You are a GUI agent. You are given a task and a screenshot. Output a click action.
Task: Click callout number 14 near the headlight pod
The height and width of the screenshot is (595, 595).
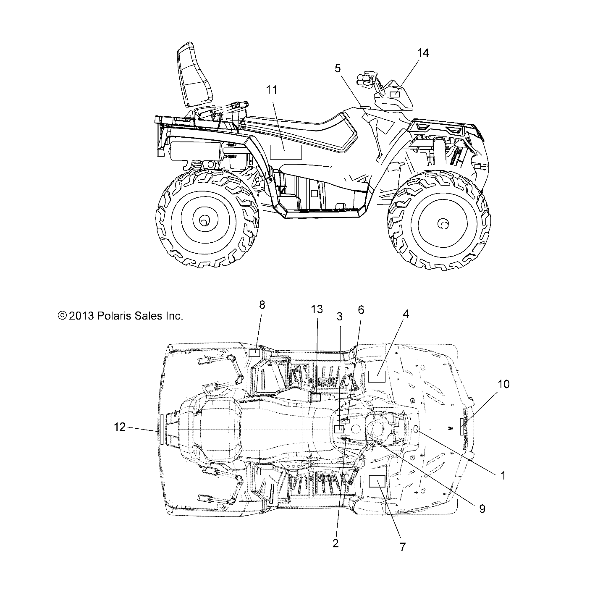point(423,53)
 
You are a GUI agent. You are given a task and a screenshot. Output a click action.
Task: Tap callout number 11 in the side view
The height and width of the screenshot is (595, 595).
point(272,89)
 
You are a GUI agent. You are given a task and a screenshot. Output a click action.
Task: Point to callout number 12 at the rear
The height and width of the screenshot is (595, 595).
point(120,427)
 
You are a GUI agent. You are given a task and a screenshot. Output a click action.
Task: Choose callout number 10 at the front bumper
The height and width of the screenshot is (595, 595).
point(503,384)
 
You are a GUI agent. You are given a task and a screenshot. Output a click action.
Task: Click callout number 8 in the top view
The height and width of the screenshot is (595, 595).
point(262,305)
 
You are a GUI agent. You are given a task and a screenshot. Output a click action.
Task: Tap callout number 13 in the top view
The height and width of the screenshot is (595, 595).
point(317,309)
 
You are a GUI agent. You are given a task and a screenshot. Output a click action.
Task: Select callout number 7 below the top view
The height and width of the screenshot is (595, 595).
point(402,547)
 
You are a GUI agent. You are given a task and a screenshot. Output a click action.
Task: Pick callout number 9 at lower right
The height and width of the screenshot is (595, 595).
point(482,509)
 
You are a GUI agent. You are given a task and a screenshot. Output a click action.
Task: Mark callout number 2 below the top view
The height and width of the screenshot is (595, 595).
point(335,543)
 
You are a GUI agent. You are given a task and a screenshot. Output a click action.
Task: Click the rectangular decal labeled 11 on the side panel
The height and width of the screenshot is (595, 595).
point(286,152)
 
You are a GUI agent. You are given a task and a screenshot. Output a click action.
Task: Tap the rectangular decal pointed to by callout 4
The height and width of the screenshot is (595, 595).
point(377,376)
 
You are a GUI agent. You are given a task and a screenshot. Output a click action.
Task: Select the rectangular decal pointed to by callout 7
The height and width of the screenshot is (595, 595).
point(377,481)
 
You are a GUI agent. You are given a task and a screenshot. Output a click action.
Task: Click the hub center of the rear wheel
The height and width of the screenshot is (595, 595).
point(204,220)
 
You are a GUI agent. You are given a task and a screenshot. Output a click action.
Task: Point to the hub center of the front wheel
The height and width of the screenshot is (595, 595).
point(442,223)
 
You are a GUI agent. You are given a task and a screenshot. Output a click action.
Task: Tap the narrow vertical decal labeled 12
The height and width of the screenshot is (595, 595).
point(160,429)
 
